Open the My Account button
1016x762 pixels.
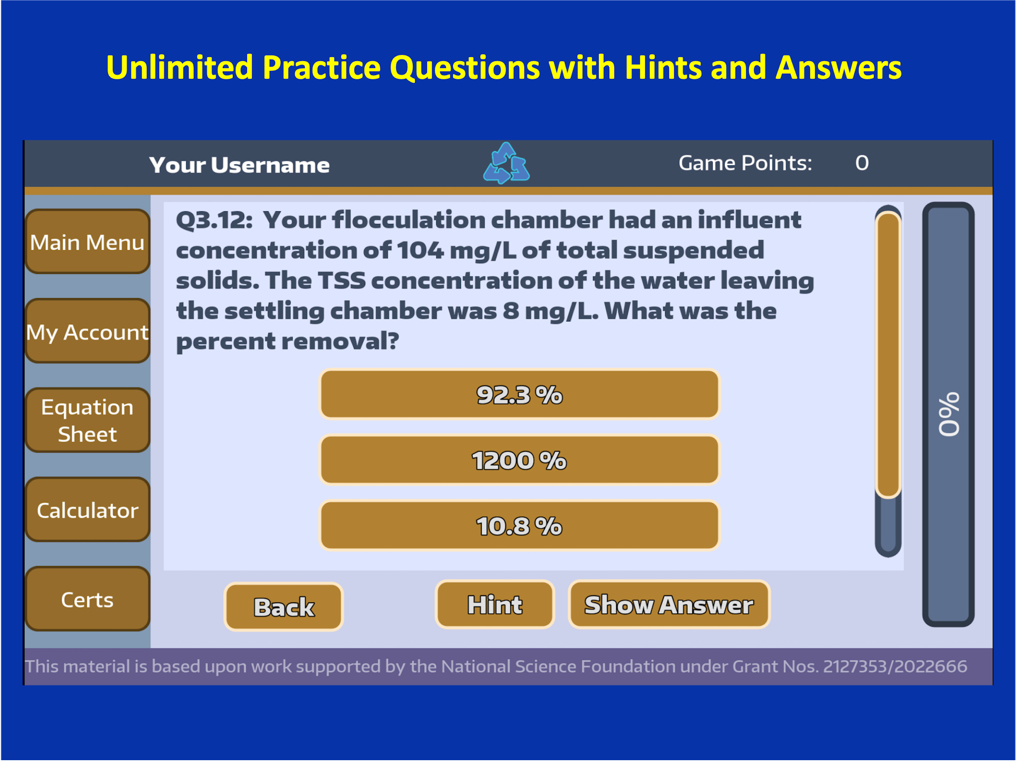(87, 331)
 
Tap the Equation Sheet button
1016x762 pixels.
(87, 420)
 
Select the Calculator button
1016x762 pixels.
(87, 510)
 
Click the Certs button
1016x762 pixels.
(87, 599)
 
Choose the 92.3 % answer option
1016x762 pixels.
(520, 394)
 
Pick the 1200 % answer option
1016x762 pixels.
(520, 460)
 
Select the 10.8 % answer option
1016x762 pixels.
(520, 526)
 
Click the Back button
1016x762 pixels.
(284, 606)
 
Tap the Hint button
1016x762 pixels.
(495, 604)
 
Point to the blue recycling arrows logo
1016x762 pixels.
(506, 163)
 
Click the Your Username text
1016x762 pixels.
(239, 165)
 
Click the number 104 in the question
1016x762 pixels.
(420, 250)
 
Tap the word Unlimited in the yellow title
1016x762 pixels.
(180, 67)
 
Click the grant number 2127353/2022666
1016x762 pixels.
(895, 666)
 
